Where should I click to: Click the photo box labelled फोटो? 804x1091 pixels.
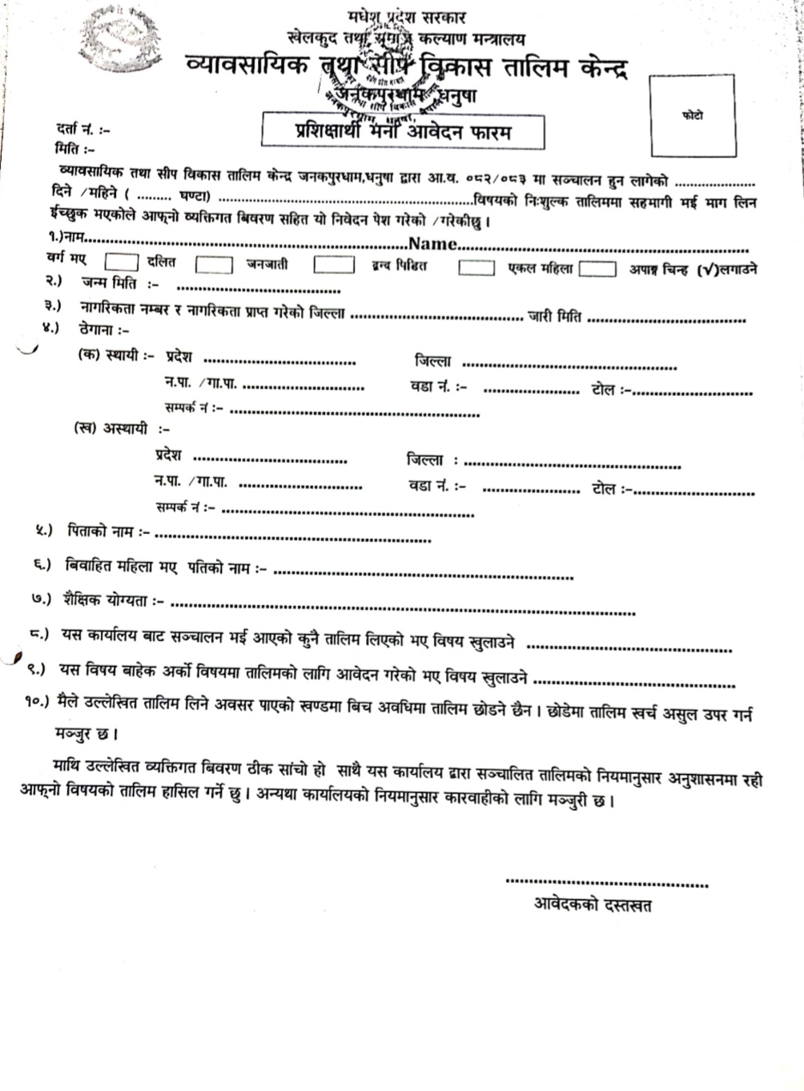point(693,115)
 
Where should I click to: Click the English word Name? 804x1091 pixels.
point(432,243)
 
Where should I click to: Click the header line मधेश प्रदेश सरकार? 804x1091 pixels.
point(407,16)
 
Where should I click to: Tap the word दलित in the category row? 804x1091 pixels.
point(161,263)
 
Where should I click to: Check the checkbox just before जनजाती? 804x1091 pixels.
point(214,264)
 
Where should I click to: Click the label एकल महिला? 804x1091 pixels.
point(541,269)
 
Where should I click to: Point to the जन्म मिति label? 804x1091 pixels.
point(119,283)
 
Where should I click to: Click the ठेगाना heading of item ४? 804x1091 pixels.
point(104,329)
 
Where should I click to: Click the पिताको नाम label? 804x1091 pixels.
point(109,531)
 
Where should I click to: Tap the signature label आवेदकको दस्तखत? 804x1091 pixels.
point(593,905)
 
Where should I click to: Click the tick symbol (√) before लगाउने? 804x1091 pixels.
point(707,270)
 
